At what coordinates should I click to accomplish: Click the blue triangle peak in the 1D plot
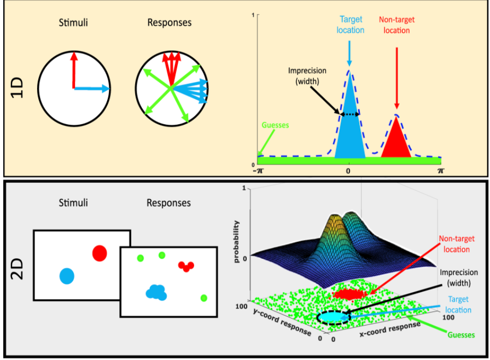349,126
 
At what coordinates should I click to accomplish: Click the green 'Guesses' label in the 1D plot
275,125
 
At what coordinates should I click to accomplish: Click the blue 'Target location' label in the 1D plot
350,25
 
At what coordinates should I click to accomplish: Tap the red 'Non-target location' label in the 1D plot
396,25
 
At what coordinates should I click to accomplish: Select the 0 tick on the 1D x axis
348,170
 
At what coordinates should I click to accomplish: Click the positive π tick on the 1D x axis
441,170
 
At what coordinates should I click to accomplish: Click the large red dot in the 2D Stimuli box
100,253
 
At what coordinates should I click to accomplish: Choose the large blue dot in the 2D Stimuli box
67,275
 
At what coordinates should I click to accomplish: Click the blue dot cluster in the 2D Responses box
157,292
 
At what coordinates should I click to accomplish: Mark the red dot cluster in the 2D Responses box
186,266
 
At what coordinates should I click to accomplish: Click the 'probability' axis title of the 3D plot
236,241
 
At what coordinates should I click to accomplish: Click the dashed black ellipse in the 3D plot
331,317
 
